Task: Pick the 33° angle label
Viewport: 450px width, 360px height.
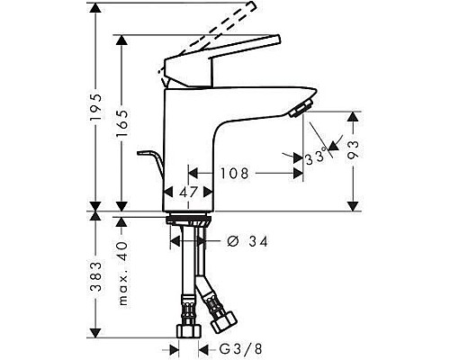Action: [315, 157]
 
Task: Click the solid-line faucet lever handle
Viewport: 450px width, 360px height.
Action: [216, 64]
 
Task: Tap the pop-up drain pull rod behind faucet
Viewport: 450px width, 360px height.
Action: [151, 167]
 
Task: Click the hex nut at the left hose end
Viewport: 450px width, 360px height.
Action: [189, 329]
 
